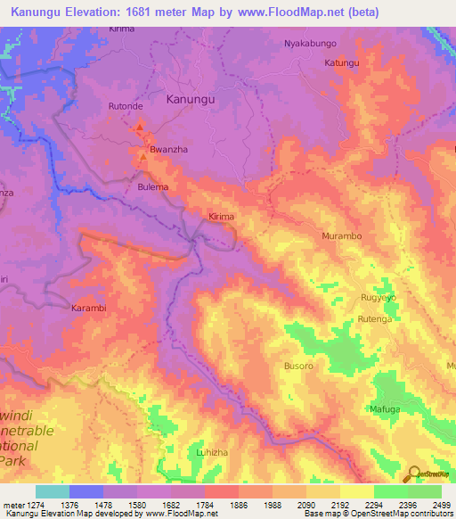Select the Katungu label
(x=341, y=63)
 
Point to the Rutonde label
(x=126, y=106)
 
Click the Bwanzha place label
(x=167, y=150)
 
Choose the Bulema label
(x=152, y=187)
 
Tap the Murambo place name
(x=340, y=236)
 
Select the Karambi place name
(x=88, y=308)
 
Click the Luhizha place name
(x=213, y=452)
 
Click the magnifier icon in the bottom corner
(x=414, y=473)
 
